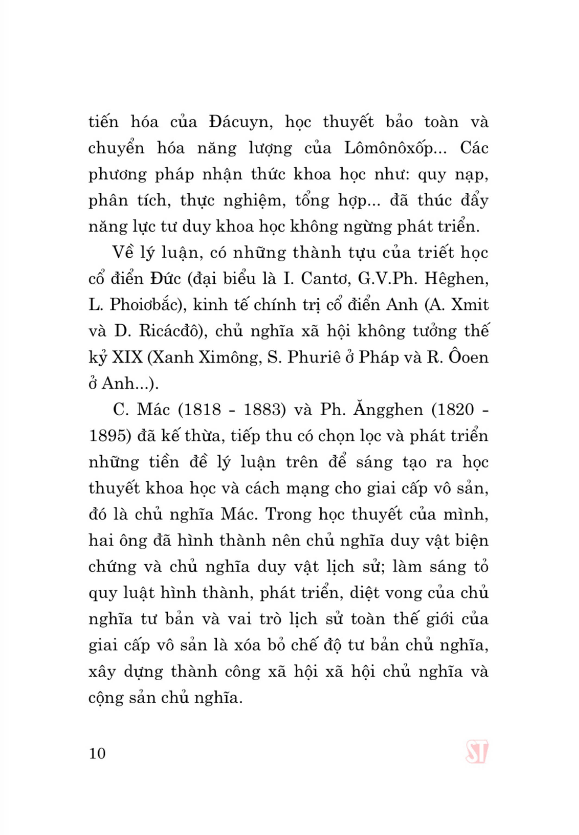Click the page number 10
pyautogui.click(x=97, y=753)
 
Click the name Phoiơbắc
pyautogui.click(x=147, y=305)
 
